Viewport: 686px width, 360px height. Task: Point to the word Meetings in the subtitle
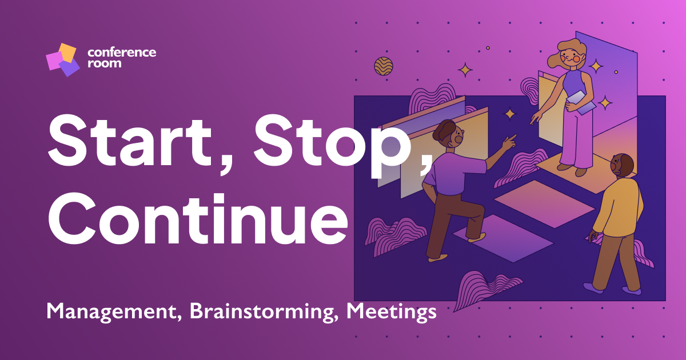tap(392, 311)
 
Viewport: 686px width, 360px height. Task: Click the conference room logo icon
tap(62, 59)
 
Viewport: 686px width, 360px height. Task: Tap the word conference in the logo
tap(121, 53)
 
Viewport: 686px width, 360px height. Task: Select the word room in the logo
tap(104, 63)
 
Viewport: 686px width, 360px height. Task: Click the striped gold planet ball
tap(384, 66)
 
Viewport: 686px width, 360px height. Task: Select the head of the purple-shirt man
tap(449, 136)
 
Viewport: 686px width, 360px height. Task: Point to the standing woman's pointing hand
tap(536, 118)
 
